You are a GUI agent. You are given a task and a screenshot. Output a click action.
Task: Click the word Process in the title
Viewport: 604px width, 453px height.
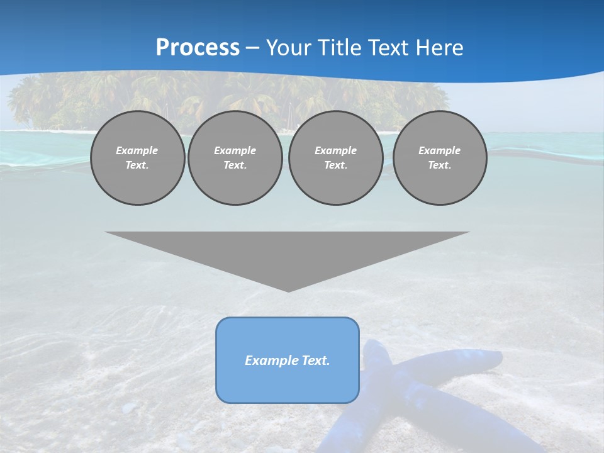[198, 48]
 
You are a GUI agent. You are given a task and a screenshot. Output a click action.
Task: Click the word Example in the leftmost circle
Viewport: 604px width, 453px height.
[137, 150]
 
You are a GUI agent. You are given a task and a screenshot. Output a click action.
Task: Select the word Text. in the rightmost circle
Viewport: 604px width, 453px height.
[439, 165]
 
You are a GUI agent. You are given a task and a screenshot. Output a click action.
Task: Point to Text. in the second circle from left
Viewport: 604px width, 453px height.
[235, 165]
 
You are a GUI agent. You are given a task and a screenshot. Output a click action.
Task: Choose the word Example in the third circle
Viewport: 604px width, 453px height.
[335, 150]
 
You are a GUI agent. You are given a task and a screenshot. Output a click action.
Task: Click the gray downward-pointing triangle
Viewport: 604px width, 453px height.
[288, 252]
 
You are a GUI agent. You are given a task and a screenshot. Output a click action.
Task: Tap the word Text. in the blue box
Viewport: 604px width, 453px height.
[316, 361]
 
